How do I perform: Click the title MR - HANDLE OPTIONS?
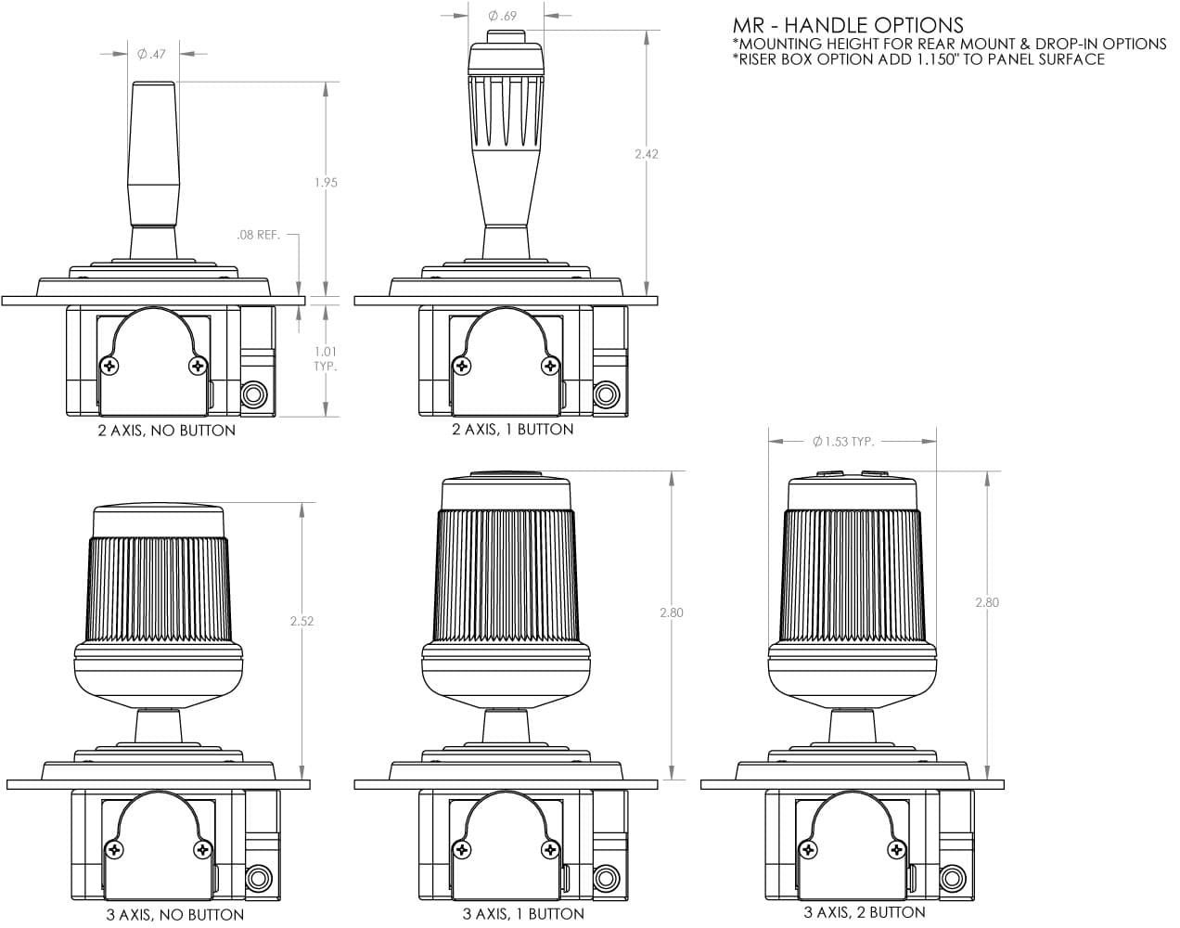[x=848, y=25]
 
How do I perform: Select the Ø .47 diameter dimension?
[x=151, y=54]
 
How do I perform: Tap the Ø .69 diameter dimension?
[x=502, y=16]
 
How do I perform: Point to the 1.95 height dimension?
[x=326, y=183]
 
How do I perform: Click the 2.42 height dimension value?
[x=647, y=154]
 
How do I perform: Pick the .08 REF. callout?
[x=258, y=235]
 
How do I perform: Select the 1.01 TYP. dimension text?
[x=326, y=359]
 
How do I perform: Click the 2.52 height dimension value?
[x=302, y=621]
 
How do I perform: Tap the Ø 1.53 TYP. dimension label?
[x=843, y=442]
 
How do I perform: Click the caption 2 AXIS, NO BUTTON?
[x=167, y=431]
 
